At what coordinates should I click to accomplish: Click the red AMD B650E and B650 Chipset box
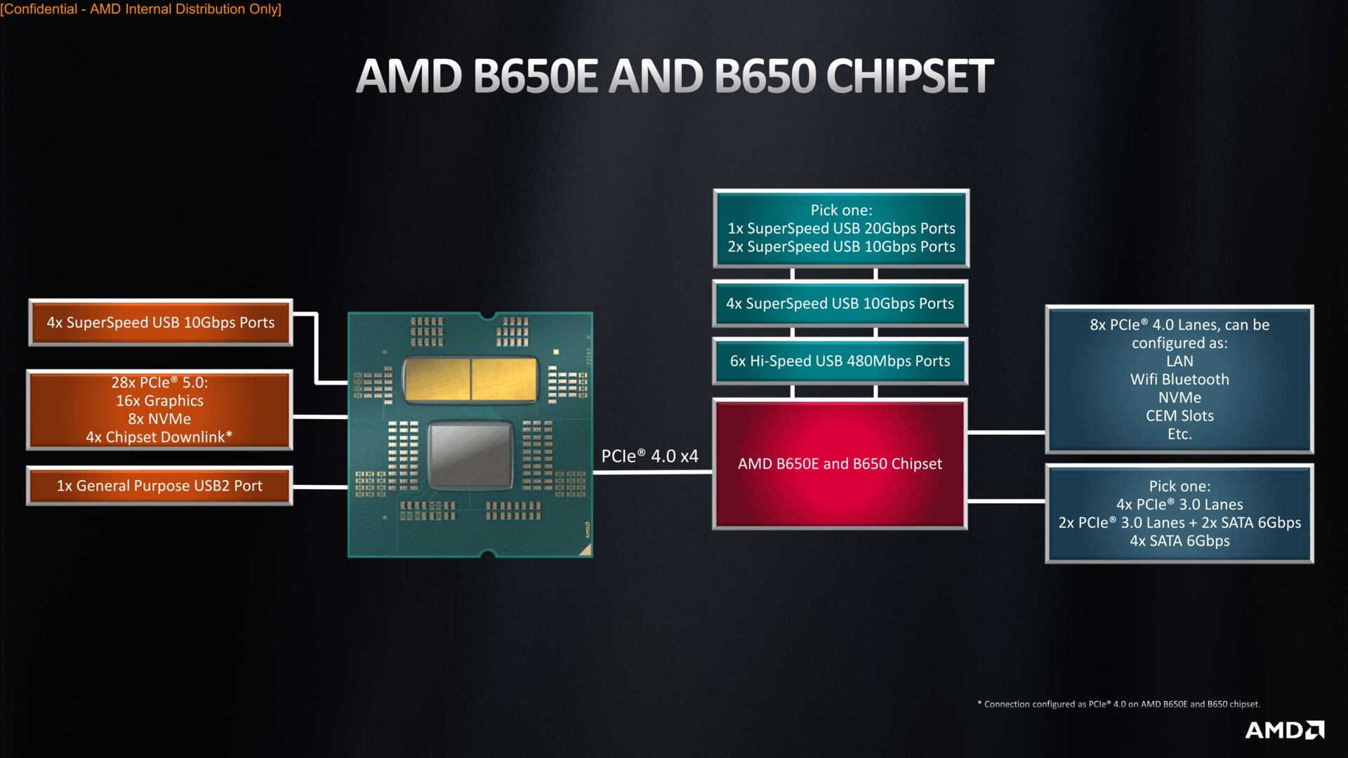840,464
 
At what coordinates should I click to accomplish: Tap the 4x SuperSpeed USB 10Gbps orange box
161,323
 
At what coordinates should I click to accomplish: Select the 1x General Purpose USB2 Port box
159,486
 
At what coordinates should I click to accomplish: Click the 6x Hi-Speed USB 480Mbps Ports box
840,361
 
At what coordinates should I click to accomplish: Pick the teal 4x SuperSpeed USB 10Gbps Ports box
840,304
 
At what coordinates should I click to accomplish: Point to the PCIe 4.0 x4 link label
649,456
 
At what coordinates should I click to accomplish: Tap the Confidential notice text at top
140,9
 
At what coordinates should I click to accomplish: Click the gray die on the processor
470,456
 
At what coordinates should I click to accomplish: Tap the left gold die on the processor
437,379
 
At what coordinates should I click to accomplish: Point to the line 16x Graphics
159,401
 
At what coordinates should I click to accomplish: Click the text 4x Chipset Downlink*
159,437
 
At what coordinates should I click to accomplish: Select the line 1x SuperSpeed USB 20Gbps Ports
841,229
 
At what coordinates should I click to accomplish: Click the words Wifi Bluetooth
1179,380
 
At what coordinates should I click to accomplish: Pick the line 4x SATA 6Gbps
1179,541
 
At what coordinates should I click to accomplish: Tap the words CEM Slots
1179,416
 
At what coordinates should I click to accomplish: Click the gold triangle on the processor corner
586,550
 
